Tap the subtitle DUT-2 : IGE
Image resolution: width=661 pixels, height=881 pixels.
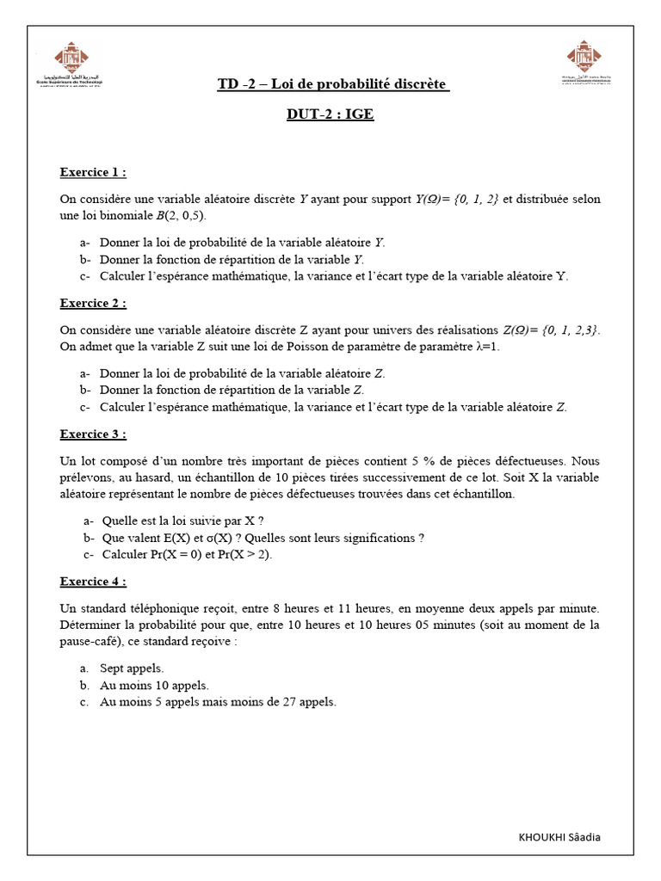pyautogui.click(x=330, y=114)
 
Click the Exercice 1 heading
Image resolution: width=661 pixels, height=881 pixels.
pyautogui.click(x=93, y=172)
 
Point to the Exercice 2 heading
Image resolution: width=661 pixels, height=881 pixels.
pyautogui.click(x=93, y=303)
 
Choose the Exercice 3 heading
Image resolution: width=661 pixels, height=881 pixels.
pyautogui.click(x=93, y=434)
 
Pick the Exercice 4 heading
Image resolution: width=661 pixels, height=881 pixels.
pyautogui.click(x=93, y=582)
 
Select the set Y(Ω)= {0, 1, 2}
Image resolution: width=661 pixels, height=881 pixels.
pyautogui.click(x=457, y=200)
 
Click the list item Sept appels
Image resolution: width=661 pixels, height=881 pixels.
pyautogui.click(x=132, y=668)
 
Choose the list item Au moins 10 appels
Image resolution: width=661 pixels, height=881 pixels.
pyautogui.click(x=154, y=685)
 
